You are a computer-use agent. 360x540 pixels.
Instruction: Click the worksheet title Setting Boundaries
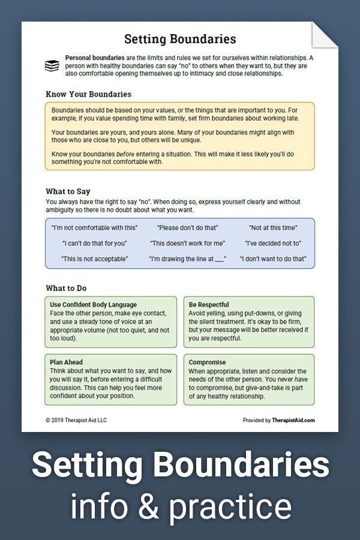pyautogui.click(x=180, y=40)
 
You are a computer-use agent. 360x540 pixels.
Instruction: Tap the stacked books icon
pyautogui.click(x=52, y=65)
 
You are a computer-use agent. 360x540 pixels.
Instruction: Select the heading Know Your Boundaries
pyautogui.click(x=88, y=94)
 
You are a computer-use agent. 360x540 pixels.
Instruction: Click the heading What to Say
pyautogui.click(x=68, y=191)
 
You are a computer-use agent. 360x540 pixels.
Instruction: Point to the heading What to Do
pyautogui.click(x=67, y=288)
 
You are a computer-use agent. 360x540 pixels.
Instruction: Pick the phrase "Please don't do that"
pyautogui.click(x=187, y=228)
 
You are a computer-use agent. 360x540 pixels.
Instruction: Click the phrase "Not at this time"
pyautogui.click(x=274, y=228)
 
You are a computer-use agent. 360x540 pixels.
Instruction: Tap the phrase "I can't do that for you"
pyautogui.click(x=94, y=244)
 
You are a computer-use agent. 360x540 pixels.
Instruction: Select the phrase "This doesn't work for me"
pyautogui.click(x=187, y=244)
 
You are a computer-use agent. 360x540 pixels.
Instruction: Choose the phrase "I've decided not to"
pyautogui.click(x=273, y=244)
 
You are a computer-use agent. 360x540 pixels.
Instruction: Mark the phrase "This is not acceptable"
pyautogui.click(x=94, y=259)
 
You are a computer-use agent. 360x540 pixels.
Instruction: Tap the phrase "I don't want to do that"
pyautogui.click(x=273, y=259)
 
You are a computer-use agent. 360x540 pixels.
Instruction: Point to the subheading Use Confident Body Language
pyautogui.click(x=94, y=305)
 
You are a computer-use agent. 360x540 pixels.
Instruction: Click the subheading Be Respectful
pyautogui.click(x=208, y=305)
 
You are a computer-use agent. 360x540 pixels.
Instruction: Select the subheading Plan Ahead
pyautogui.click(x=67, y=362)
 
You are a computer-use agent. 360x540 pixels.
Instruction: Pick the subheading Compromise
pyautogui.click(x=207, y=362)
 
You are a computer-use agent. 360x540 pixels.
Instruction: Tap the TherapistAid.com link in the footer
pyautogui.click(x=292, y=421)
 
